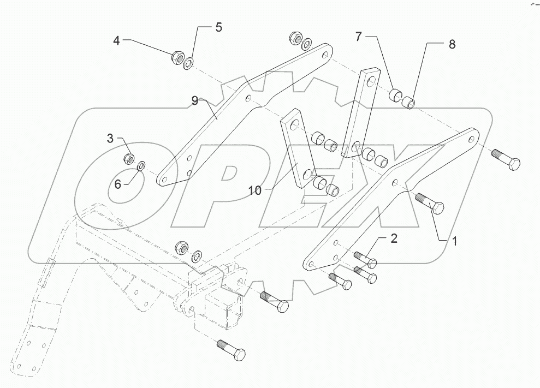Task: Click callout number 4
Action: [116, 40]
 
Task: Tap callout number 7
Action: [358, 37]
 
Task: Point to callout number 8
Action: [452, 45]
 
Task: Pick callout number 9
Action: [194, 100]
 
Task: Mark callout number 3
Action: [110, 139]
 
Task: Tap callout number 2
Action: [393, 238]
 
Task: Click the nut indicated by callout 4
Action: [177, 56]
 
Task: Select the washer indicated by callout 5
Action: [188, 63]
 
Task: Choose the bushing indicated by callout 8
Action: [407, 102]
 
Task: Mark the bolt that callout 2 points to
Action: [365, 259]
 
